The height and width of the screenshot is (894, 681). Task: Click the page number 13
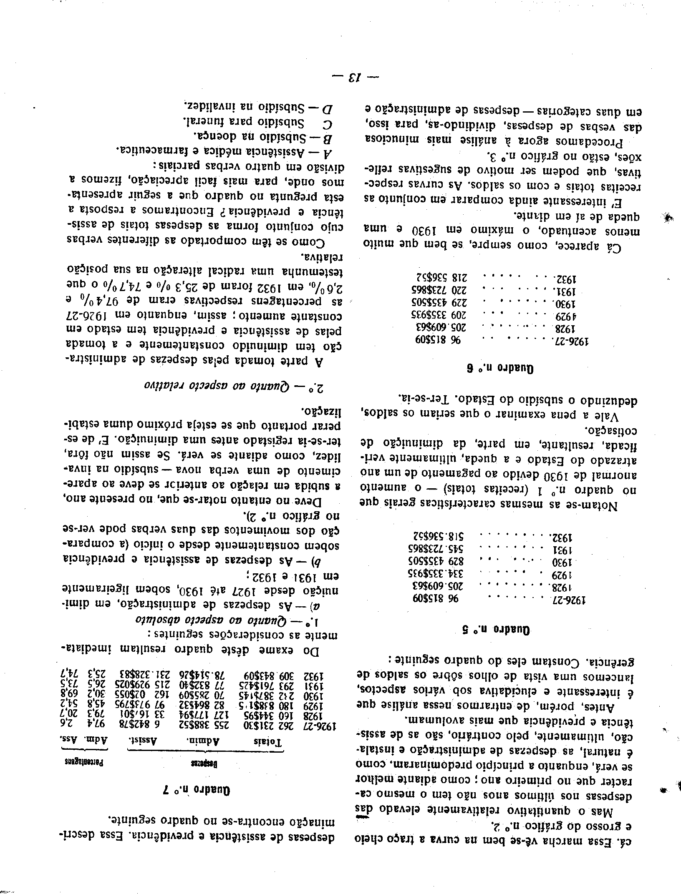(x=347, y=77)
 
